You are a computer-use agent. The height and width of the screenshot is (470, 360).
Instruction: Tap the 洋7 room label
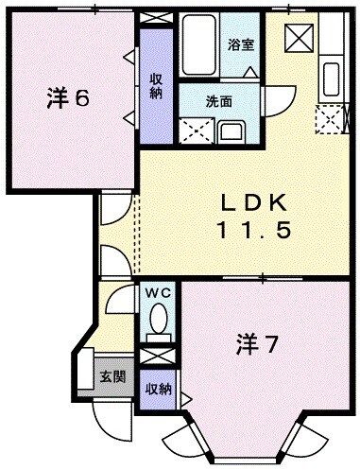(256, 345)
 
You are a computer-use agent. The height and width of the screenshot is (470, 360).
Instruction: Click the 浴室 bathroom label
(240, 44)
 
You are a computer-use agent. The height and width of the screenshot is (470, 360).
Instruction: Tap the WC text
(157, 294)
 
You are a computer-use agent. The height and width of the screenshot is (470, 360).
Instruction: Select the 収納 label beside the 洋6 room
(156, 86)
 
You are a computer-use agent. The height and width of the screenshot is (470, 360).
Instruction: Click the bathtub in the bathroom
(198, 44)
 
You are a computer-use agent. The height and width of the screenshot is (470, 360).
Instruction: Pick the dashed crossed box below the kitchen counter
(330, 118)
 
